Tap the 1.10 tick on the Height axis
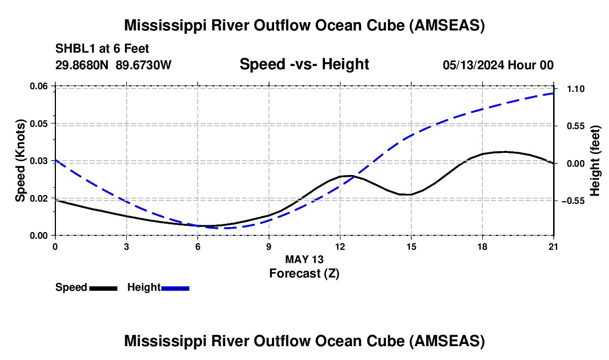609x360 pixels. coord(576,89)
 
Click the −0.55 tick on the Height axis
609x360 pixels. coord(573,201)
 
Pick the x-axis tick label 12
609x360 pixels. coord(340,246)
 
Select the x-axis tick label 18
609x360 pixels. coord(482,246)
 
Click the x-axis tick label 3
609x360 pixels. coord(127,246)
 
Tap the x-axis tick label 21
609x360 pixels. coord(554,246)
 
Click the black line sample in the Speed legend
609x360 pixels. coord(104,288)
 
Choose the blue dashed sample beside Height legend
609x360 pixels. coord(175,288)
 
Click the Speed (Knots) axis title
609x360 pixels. coord(20,161)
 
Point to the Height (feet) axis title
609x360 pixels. coord(595,161)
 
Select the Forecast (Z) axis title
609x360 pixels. coord(304,274)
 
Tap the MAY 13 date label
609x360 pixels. coord(304,259)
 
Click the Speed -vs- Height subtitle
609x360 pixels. coord(304,64)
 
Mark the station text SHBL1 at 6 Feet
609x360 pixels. coord(102,49)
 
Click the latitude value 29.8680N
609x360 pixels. coord(82,65)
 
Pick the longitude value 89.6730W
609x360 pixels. coord(143,65)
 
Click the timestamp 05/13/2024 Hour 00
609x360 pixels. coord(498,65)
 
